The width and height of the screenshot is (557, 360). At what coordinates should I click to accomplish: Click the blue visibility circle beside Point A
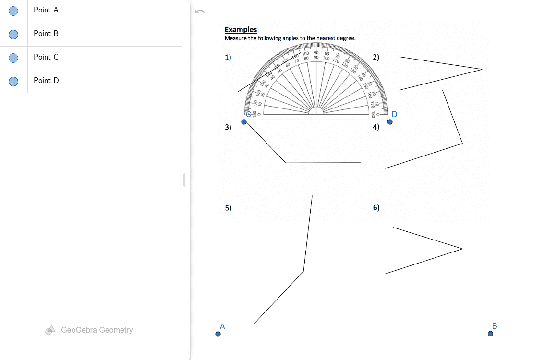tap(14, 11)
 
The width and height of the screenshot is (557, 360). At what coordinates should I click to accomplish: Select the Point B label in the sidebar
tap(46, 34)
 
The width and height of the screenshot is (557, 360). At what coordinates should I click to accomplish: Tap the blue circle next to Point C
tap(14, 58)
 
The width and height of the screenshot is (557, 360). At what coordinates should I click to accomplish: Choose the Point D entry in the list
tap(46, 81)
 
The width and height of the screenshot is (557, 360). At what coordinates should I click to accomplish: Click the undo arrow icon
tap(200, 12)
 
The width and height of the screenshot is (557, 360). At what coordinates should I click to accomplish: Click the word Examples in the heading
tap(241, 30)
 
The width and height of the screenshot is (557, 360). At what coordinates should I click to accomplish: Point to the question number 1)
tap(228, 58)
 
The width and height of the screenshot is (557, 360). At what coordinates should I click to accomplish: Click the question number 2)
tap(376, 57)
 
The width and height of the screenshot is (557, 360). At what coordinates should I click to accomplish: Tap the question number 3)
tap(228, 127)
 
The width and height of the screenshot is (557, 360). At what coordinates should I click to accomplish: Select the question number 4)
tap(376, 127)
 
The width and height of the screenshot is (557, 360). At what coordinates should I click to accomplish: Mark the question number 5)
tap(228, 208)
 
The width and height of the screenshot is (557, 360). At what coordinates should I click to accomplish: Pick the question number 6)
tap(376, 208)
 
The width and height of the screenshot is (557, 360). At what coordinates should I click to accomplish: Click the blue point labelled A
tap(218, 335)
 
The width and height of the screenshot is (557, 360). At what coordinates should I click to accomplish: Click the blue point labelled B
tap(490, 334)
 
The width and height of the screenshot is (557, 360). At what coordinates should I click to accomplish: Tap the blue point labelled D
tap(390, 122)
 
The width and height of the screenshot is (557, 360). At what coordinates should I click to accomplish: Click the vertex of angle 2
tap(482, 69)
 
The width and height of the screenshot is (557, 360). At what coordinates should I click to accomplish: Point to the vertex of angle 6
tap(462, 249)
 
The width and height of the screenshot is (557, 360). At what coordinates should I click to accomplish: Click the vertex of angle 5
tap(303, 271)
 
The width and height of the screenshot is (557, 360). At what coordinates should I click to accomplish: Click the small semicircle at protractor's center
tap(315, 111)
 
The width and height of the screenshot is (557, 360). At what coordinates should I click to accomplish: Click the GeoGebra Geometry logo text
tap(97, 330)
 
